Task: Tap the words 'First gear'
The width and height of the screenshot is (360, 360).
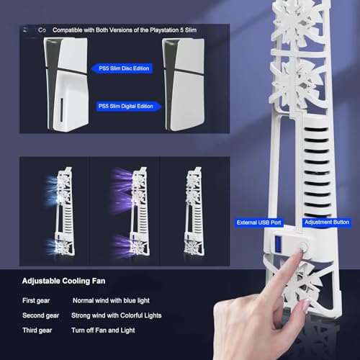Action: [x=37, y=299]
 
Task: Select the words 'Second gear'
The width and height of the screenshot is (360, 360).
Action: [x=41, y=315]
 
